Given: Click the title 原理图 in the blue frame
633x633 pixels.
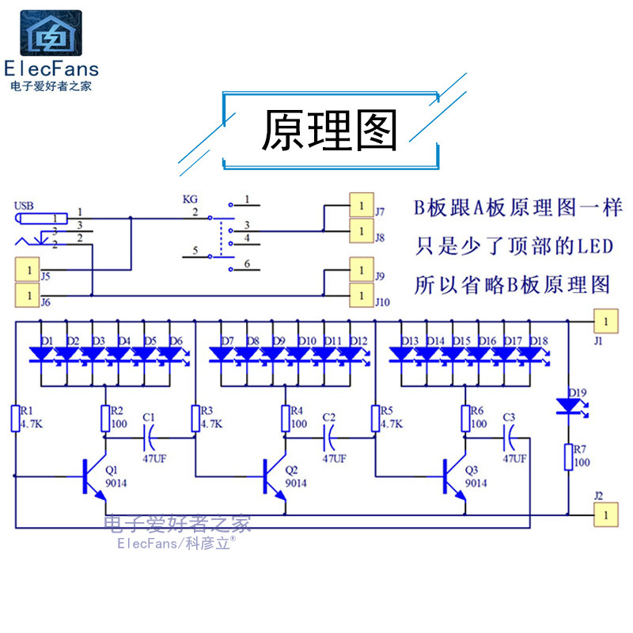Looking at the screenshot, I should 329,131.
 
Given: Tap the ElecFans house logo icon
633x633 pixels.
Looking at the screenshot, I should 50,33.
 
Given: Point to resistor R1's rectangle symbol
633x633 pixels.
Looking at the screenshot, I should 15,417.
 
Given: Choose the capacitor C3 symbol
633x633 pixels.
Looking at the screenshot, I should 509,433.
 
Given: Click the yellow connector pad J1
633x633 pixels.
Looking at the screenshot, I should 605,321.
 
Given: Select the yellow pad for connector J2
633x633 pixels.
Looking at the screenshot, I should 605,514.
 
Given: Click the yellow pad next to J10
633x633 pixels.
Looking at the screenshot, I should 362,295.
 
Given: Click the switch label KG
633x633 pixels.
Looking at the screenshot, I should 189,200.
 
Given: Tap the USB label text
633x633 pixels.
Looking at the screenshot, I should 24,207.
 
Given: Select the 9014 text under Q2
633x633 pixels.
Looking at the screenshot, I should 295,483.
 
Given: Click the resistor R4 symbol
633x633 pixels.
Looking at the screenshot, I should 285,417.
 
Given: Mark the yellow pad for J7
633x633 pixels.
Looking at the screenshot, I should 362,206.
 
